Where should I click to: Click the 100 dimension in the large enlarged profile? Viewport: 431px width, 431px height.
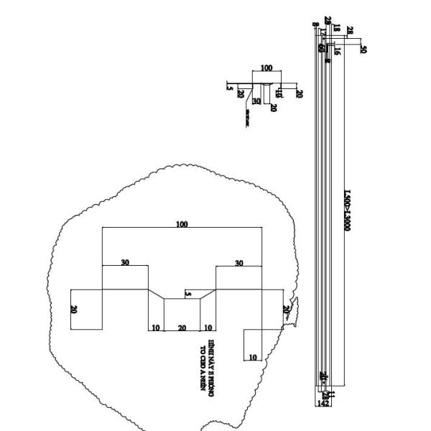click(x=182, y=224)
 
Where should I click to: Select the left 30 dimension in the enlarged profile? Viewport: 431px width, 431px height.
click(x=125, y=262)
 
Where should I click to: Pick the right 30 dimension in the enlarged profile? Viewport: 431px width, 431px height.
click(x=238, y=263)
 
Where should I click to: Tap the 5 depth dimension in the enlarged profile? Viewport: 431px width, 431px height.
click(x=188, y=294)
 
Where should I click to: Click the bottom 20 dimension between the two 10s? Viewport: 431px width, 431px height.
click(x=182, y=328)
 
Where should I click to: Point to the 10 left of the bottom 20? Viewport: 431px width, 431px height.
click(x=155, y=328)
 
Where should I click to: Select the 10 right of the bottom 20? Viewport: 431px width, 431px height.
click(x=208, y=328)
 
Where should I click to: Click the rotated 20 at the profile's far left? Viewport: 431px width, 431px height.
click(x=74, y=310)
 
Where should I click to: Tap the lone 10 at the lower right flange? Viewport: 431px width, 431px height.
click(x=252, y=356)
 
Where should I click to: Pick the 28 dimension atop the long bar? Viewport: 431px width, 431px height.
click(x=350, y=29)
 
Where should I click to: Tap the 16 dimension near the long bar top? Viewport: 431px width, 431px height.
click(x=336, y=51)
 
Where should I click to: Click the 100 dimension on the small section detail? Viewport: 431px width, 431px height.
click(x=267, y=68)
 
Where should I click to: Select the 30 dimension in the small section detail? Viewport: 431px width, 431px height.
click(x=256, y=101)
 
